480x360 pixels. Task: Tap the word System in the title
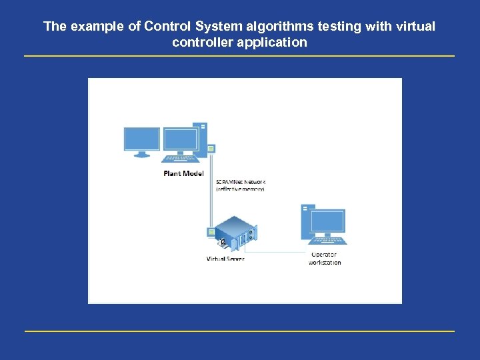point(214,27)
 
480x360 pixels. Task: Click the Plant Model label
point(183,173)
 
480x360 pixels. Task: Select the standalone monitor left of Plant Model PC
point(141,141)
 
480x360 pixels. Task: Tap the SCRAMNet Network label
point(241,181)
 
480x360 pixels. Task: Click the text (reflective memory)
point(240,189)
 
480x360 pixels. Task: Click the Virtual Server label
point(225,259)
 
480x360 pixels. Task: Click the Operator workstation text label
point(324,258)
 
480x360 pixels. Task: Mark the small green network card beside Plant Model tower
point(211,148)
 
